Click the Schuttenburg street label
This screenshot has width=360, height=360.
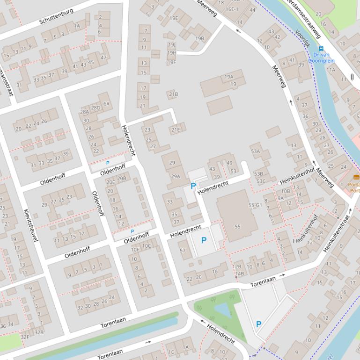click(56, 16)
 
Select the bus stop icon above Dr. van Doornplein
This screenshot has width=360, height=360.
click(321, 48)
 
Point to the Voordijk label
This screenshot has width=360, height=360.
click(302, 38)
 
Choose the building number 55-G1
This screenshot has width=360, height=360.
click(255, 205)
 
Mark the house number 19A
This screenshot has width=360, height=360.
click(228, 77)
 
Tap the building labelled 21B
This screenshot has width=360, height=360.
click(173, 94)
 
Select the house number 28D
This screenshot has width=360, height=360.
click(96, 108)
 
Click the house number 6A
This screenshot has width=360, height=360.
click(106, 104)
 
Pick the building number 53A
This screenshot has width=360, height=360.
click(255, 151)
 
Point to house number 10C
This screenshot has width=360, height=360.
click(147, 246)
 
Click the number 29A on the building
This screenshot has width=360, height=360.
click(176, 176)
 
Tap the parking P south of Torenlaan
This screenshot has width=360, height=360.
click(258, 324)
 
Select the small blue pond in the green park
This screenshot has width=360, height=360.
click(222, 310)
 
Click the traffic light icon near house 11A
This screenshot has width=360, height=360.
click(352, 77)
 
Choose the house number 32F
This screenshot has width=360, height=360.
click(25, 336)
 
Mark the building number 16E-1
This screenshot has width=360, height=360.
click(232, 9)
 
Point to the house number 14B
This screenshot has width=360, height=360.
click(240, 274)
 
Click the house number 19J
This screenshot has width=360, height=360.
click(171, 45)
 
